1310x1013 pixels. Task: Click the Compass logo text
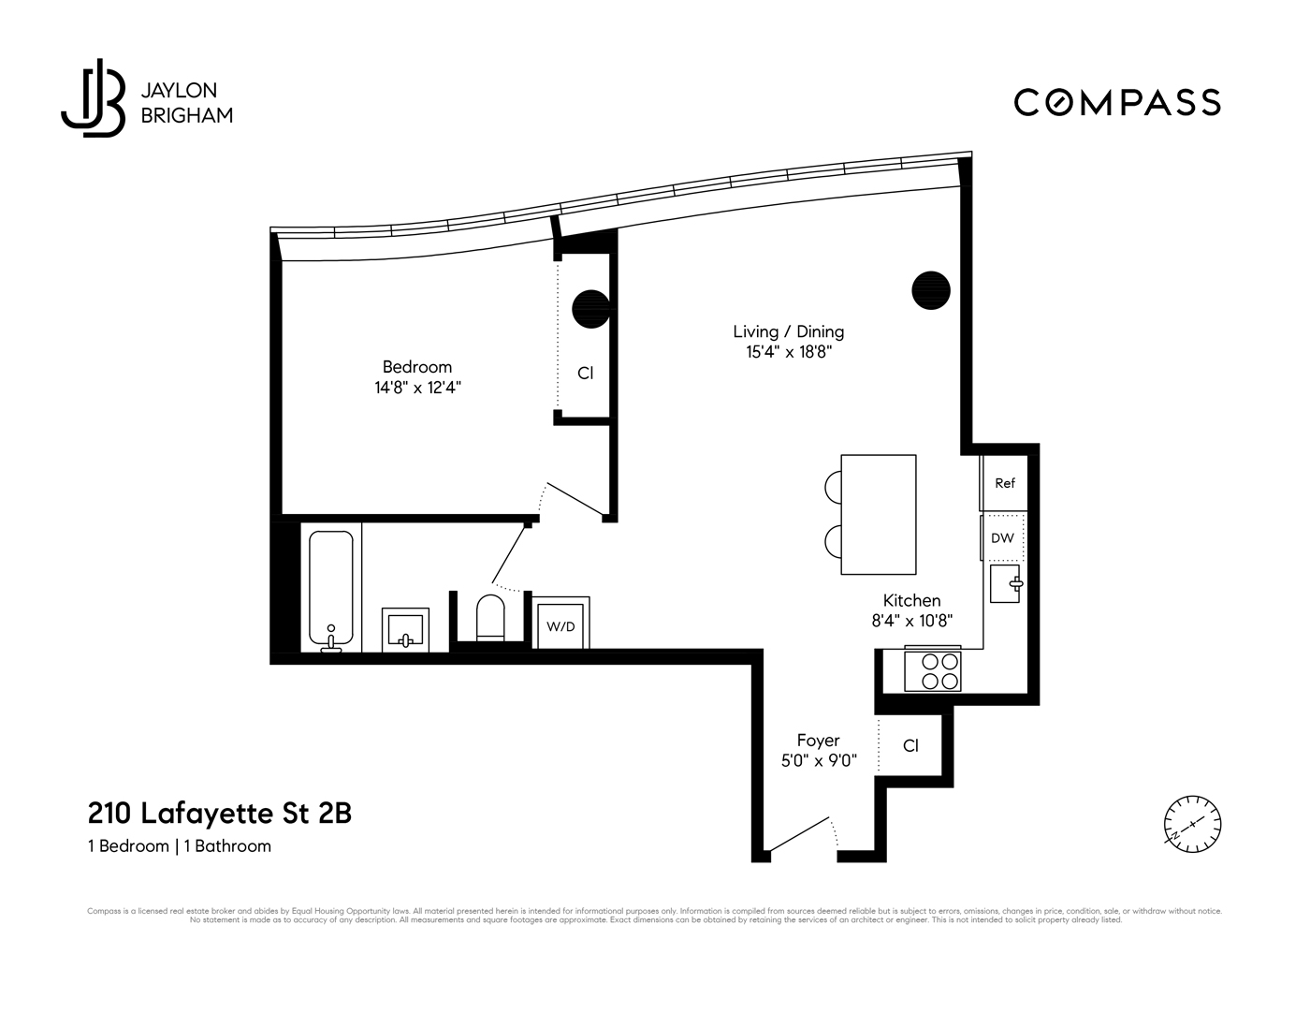click(x=1117, y=102)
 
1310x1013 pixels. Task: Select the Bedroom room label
click(x=416, y=367)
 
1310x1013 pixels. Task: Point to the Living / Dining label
click(x=788, y=331)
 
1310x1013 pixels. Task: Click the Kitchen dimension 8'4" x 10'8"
click(x=911, y=621)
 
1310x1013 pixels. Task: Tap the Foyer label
click(x=818, y=740)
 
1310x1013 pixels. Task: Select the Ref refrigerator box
click(x=1004, y=483)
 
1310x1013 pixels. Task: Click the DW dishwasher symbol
click(x=1002, y=538)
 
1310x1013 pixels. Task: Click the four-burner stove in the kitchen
click(x=934, y=670)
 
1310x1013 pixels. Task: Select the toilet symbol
click(x=490, y=619)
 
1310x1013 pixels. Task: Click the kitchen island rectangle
click(x=878, y=514)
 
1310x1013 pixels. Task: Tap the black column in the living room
click(x=931, y=290)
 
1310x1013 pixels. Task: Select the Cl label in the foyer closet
click(x=910, y=745)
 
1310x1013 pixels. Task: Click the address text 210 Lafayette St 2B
click(x=219, y=813)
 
